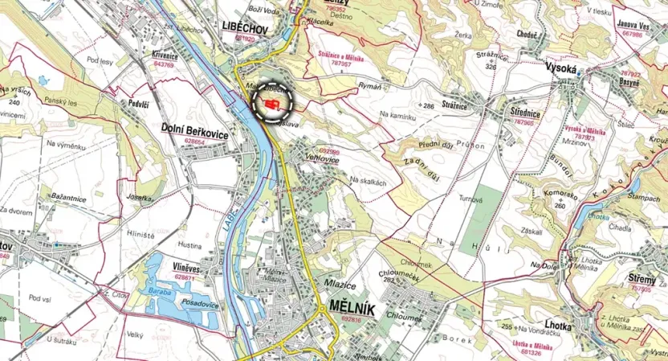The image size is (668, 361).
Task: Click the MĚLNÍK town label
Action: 351,306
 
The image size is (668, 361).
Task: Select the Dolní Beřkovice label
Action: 195,129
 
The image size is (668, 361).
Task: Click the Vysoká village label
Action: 563,69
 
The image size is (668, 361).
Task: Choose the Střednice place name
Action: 524,114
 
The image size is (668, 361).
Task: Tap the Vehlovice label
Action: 322,160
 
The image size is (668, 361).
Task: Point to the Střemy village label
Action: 640,279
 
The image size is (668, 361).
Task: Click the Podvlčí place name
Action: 139,104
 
